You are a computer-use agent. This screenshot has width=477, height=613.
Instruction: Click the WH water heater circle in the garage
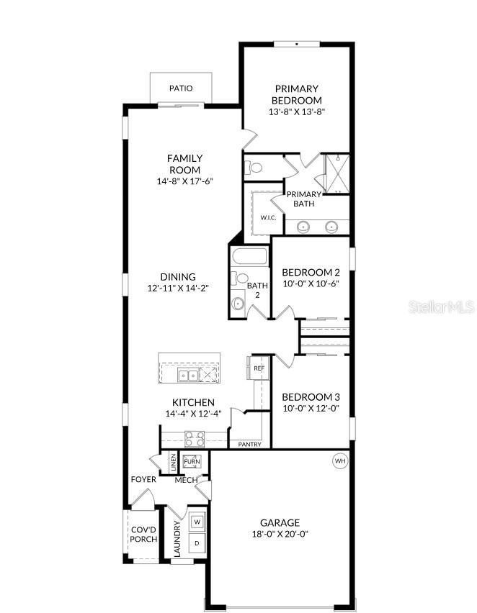pyautogui.click(x=340, y=460)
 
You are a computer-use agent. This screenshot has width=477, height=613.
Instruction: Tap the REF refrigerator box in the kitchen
pyautogui.click(x=259, y=368)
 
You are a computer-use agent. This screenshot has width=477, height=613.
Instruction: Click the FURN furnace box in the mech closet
pyautogui.click(x=192, y=462)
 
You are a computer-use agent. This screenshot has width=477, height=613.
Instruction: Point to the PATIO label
pyautogui.click(x=181, y=88)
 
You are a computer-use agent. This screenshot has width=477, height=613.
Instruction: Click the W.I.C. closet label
pyautogui.click(x=268, y=217)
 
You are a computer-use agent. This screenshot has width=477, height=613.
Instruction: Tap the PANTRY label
pyautogui.click(x=249, y=445)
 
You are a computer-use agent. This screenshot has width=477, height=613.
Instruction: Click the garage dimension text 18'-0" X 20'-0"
pyautogui.click(x=280, y=534)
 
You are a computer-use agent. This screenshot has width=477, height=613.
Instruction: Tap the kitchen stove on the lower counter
pyautogui.click(x=195, y=438)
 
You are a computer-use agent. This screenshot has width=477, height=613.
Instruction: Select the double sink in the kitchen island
pyautogui.click(x=190, y=375)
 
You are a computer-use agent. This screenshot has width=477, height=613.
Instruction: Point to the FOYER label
pyautogui.click(x=143, y=479)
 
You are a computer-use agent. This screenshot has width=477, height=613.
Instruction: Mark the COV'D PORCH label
pyautogui.click(x=143, y=534)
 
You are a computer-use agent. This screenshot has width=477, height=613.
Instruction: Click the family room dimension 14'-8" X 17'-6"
pyautogui.click(x=184, y=181)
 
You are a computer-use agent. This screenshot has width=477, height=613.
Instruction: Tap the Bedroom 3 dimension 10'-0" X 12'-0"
pyautogui.click(x=310, y=408)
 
